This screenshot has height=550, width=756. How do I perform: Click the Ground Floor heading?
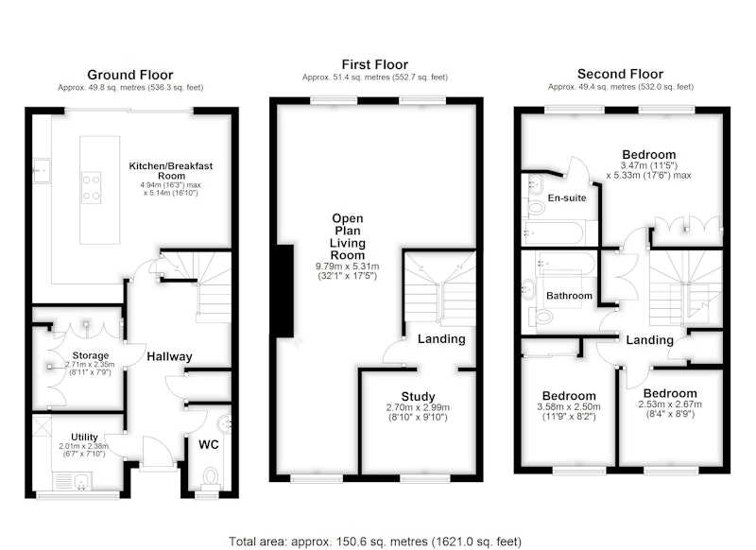point(129,75)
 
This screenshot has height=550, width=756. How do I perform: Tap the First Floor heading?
point(374,64)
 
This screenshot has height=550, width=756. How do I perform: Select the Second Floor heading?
point(620,74)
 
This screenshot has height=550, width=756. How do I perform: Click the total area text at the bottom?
point(374,541)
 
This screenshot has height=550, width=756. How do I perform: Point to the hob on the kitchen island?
point(91,187)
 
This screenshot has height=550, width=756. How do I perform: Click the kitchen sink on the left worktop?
point(42,171)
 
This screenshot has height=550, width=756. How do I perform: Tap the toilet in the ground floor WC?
point(210,476)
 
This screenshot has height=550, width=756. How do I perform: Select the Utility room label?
point(84,438)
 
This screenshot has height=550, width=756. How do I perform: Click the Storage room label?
point(90,355)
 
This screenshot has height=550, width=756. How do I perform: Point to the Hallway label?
point(169,356)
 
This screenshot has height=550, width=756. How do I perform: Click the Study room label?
point(418,397)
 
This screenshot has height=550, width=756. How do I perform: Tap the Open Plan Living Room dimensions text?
point(347,271)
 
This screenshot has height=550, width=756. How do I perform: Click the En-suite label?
point(567,198)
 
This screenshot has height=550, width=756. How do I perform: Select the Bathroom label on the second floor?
point(569,296)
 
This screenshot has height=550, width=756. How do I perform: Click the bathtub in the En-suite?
point(554,232)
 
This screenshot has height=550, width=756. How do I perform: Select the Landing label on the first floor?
point(441,339)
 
